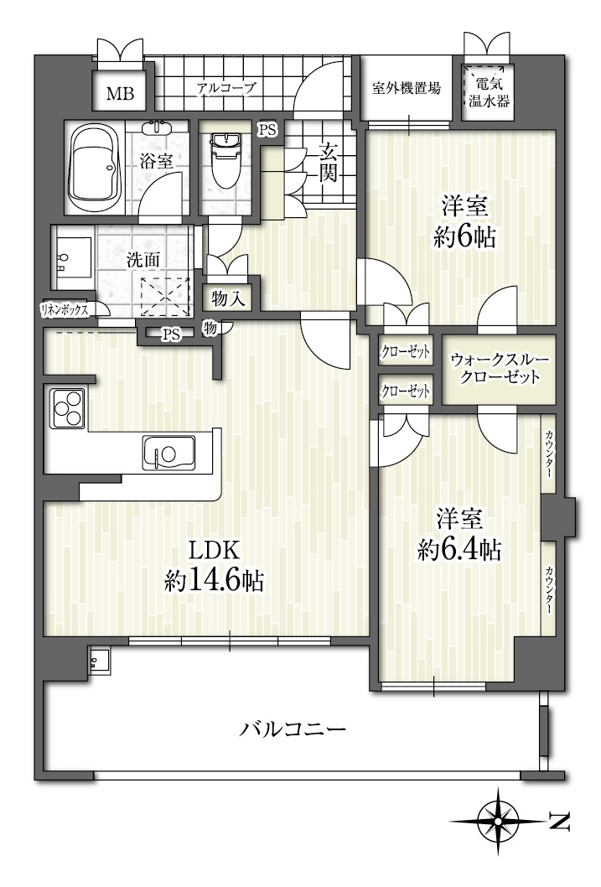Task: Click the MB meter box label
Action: click(121, 93)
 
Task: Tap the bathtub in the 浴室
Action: click(95, 168)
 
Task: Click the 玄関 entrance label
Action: click(328, 163)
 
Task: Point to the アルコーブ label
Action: click(226, 88)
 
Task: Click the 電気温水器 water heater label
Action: click(489, 93)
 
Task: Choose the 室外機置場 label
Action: click(406, 88)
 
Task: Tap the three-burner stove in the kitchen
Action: click(67, 407)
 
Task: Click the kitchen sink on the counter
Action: click(168, 453)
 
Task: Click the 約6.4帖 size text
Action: click(459, 548)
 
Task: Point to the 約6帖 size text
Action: click(464, 237)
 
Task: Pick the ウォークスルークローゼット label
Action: click(499, 368)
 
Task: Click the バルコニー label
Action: click(293, 729)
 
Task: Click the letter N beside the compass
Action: click(559, 821)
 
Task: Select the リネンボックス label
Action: click(64, 309)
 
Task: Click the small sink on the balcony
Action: click(100, 660)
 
